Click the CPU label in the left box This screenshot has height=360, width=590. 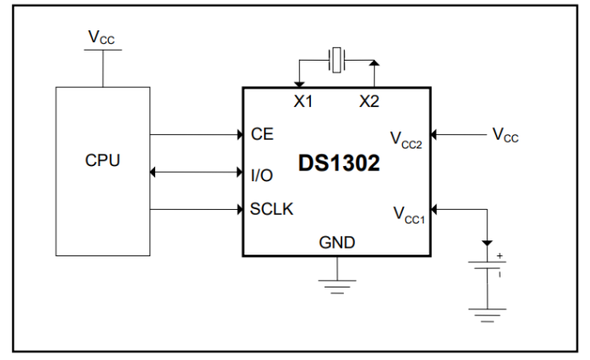(x=103, y=160)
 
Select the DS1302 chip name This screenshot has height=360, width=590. (x=339, y=164)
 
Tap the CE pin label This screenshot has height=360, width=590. (x=261, y=134)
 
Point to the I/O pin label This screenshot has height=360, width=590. (x=262, y=175)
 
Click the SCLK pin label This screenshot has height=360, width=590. (x=271, y=208)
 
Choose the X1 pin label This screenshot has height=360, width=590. (x=303, y=101)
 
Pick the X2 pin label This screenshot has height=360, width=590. (x=369, y=101)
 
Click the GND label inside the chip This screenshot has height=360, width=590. (x=336, y=243)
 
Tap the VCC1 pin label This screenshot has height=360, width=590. (x=407, y=213)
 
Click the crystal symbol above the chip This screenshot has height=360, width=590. (x=336, y=61)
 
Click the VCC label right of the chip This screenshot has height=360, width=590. (x=506, y=135)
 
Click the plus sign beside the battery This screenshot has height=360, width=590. (x=500, y=255)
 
